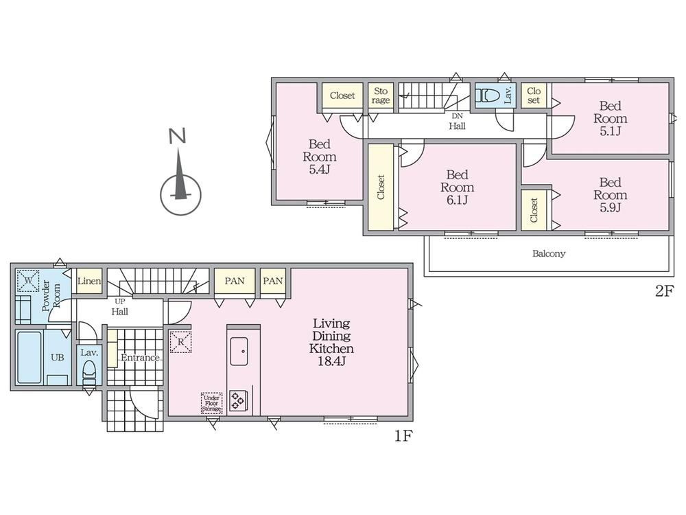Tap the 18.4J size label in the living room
click(331, 362)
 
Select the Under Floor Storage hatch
click(212, 403)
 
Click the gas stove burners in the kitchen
click(238, 401)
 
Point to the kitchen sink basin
click(239, 351)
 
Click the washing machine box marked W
click(27, 280)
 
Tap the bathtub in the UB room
click(29, 357)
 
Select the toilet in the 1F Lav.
click(90, 371)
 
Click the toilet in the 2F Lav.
click(488, 95)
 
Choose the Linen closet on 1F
click(89, 281)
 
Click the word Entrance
click(140, 358)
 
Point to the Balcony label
click(549, 253)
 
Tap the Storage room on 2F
click(381, 95)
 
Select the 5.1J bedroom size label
click(610, 131)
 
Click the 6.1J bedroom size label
click(457, 200)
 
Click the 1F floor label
click(403, 436)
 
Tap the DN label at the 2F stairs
click(457, 116)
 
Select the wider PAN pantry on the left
click(235, 281)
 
